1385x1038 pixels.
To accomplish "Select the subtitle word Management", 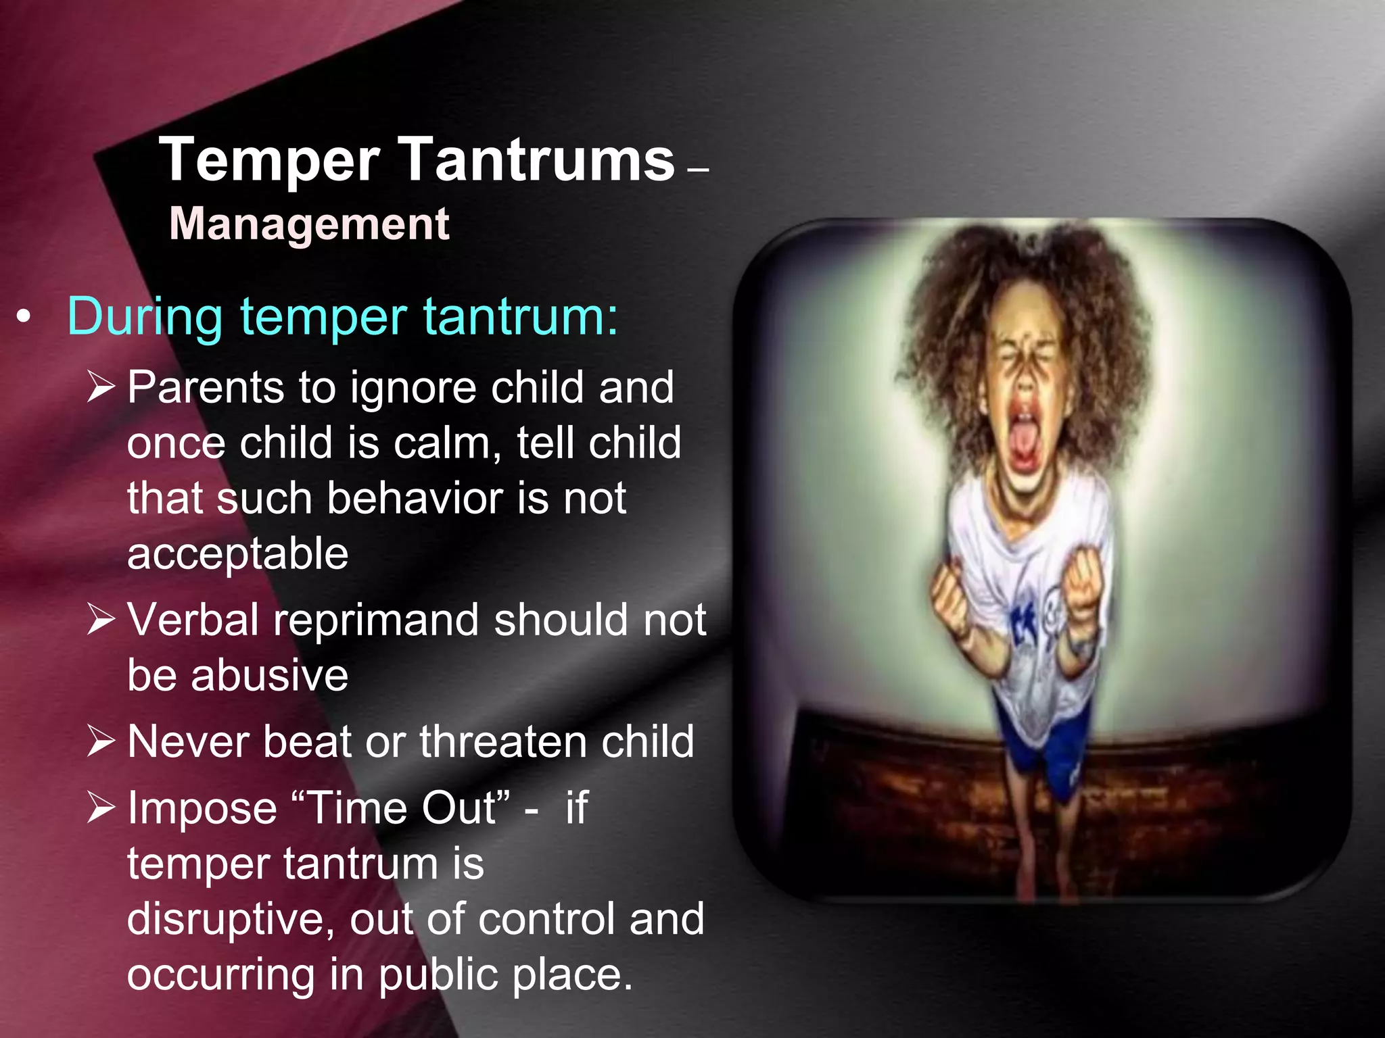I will [309, 224].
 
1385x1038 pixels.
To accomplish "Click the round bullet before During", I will [24, 318].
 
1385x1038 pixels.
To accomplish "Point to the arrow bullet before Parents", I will [101, 387].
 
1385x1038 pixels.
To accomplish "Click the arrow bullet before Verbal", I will [101, 619].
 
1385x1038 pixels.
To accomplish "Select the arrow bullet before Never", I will [101, 741].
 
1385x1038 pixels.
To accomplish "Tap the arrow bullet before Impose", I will [101, 808].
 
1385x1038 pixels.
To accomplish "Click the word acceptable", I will [238, 554].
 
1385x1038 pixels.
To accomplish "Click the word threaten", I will [502, 741].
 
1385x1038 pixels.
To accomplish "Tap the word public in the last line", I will [438, 975].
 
